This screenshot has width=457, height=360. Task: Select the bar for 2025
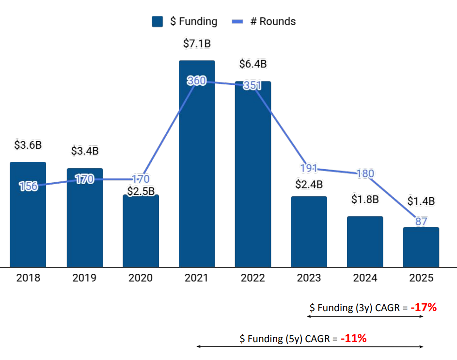(421, 247)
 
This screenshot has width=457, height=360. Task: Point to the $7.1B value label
(197, 44)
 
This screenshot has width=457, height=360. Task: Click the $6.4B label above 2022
(253, 64)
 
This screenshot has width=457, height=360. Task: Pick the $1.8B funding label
(365, 199)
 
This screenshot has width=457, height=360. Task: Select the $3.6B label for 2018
(28, 145)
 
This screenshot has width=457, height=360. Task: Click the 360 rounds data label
(197, 81)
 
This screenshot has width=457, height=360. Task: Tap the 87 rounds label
(421, 221)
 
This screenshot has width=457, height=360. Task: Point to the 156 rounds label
(28, 186)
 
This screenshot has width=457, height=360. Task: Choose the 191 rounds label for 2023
(309, 168)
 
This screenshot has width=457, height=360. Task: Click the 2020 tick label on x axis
(141, 278)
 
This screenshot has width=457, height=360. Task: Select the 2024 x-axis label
(365, 278)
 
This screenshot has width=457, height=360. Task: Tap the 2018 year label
(28, 278)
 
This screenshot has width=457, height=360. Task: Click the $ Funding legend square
(157, 22)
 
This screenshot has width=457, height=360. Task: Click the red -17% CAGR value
(424, 307)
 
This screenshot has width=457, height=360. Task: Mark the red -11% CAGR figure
(353, 339)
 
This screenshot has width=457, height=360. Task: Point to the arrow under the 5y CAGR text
(310, 346)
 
